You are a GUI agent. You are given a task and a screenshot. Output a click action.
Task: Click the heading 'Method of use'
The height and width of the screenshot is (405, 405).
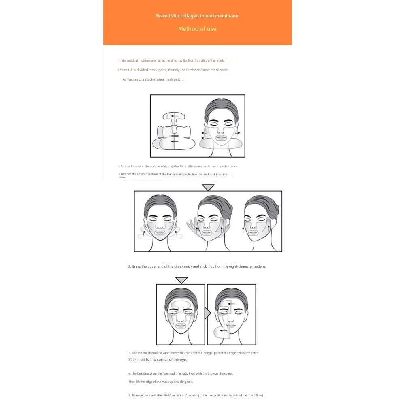[197, 29]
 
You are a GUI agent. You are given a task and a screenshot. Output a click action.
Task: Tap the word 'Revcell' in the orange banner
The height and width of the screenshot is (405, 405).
[163, 16]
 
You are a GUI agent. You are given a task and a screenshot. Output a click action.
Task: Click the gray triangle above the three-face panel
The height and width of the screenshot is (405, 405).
[208, 187]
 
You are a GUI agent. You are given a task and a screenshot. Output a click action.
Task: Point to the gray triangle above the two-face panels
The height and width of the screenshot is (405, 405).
[181, 280]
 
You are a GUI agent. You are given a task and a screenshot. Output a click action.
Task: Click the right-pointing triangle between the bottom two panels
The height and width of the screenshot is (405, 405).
[207, 313]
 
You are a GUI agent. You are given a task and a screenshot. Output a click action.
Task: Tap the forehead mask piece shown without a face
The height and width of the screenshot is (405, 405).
[174, 117]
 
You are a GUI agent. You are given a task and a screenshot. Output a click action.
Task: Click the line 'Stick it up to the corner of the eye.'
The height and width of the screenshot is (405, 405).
[158, 360]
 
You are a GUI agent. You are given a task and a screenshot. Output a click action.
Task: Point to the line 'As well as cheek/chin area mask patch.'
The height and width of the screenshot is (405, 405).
[153, 79]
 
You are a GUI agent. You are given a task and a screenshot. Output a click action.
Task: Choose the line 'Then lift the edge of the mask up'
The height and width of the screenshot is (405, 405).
[161, 382]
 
